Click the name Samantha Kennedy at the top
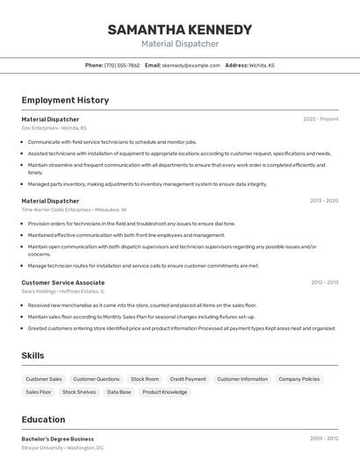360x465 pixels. pos(179,30)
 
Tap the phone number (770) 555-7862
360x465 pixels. pos(122,65)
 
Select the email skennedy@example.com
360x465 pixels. pos(191,65)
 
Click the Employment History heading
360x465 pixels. pos(65,100)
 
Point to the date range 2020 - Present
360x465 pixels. pos(320,118)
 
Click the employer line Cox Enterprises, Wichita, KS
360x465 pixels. pos(54,127)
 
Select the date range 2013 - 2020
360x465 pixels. pos(323,200)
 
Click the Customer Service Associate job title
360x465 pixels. pos(63,283)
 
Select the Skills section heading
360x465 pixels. pos(33,355)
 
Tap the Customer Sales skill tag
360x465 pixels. pos(44,379)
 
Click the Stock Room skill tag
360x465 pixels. pos(145,379)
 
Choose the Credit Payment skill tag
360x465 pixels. pos(188,379)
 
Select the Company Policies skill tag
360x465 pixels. pos(299,379)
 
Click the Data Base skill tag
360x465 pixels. pos(119,392)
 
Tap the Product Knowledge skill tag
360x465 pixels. pos(165,392)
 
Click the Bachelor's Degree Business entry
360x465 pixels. pos(58,439)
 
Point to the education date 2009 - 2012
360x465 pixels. pos(323,438)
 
